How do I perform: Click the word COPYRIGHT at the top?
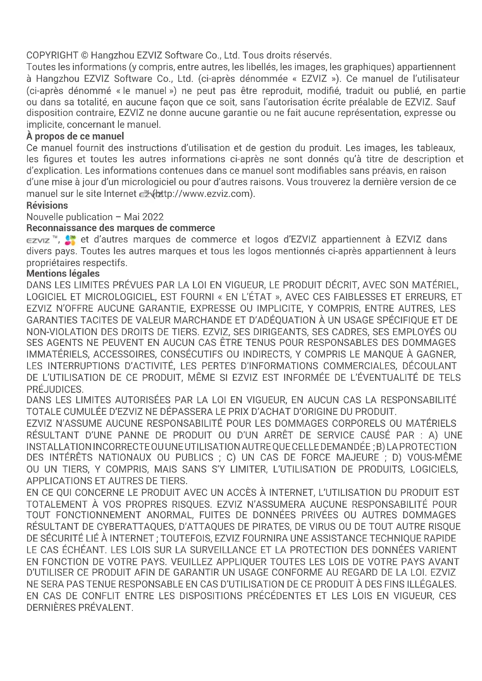(52, 55)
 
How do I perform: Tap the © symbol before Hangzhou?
(84, 55)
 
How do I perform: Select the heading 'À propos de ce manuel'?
(75, 136)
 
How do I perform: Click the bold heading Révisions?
(47, 205)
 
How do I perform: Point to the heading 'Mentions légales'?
(63, 273)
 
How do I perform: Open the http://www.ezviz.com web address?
(205, 194)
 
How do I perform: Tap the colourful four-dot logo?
(70, 240)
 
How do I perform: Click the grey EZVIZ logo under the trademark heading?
(38, 240)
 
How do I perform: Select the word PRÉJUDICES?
(55, 389)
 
